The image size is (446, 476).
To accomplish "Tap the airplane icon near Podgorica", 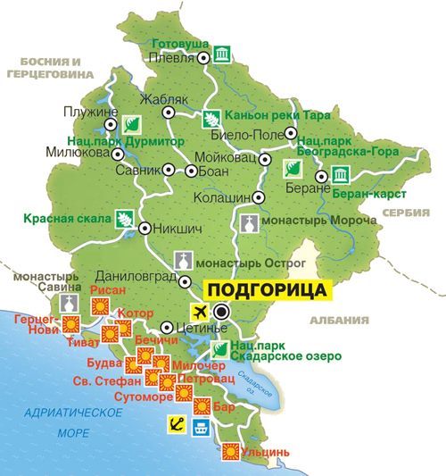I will pyautogui.click(x=198, y=311).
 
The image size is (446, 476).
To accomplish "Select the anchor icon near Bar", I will pyautogui.click(x=177, y=425).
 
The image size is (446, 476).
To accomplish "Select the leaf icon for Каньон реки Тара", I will pyautogui.click(x=211, y=116).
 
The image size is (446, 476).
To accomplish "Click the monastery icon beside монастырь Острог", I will pyautogui.click(x=183, y=259).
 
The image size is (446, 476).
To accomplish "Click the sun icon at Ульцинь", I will pyautogui.click(x=231, y=452).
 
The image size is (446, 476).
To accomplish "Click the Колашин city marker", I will pyautogui.click(x=258, y=196).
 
